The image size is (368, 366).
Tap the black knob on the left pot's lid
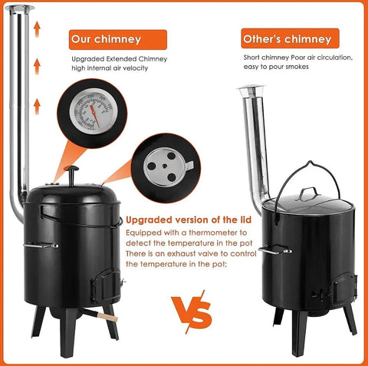coord(71,171)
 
